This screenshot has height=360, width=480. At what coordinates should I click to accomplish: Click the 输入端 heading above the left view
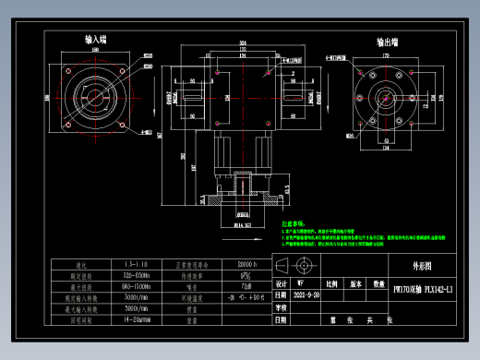[95, 41]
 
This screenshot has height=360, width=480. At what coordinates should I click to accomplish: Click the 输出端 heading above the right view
[387, 42]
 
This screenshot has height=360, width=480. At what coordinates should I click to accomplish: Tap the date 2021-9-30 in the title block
[306, 295]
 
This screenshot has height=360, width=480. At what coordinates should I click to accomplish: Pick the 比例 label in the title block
[330, 284]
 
